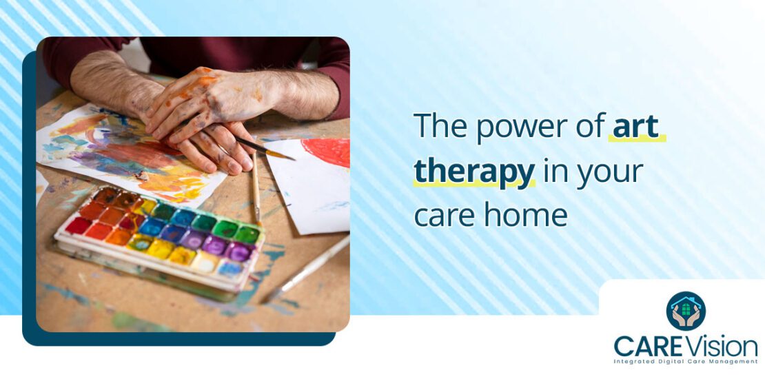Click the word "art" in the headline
click(x=635, y=127)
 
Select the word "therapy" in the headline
click(x=474, y=172)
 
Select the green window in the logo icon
click(x=686, y=309)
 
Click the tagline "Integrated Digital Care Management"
click(x=686, y=362)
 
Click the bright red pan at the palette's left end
click(x=78, y=225)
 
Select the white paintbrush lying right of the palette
click(x=307, y=265)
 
